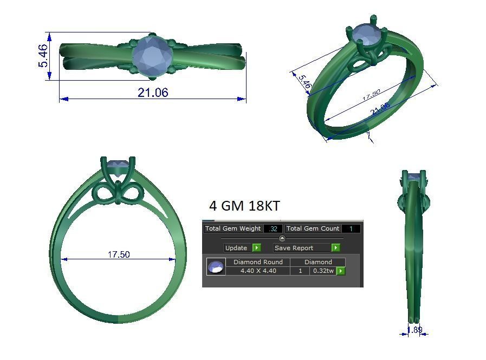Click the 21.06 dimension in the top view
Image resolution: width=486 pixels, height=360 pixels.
(x=153, y=93)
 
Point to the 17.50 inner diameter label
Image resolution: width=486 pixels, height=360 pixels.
(x=118, y=254)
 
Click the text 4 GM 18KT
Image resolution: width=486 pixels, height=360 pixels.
(x=244, y=206)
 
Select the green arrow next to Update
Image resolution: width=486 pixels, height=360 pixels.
(x=256, y=248)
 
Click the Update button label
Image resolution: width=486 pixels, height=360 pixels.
(x=236, y=248)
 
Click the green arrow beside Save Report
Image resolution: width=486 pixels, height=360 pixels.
(x=335, y=248)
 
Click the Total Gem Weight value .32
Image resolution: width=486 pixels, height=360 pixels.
(x=274, y=229)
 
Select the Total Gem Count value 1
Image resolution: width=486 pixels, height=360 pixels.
(x=351, y=229)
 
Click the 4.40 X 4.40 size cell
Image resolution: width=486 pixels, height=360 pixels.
(x=258, y=271)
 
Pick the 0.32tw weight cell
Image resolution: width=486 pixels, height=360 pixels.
(x=323, y=271)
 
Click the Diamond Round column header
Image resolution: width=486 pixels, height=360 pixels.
(x=258, y=262)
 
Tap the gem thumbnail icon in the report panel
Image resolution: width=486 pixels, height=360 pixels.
(x=216, y=267)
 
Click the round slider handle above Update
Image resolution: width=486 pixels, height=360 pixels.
(x=282, y=238)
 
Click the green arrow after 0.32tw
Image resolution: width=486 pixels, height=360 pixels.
(x=341, y=271)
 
